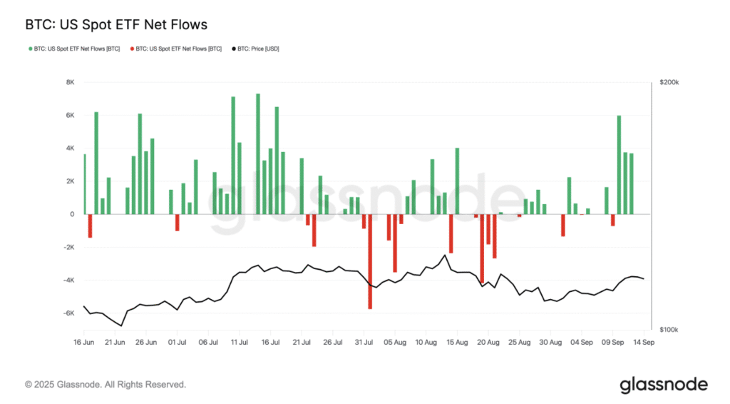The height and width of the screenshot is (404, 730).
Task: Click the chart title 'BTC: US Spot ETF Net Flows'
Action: tap(116, 25)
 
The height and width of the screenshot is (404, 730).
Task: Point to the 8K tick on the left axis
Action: tap(70, 82)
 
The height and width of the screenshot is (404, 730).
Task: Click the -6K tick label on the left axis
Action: tap(68, 313)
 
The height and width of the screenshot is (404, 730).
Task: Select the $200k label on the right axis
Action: tap(669, 83)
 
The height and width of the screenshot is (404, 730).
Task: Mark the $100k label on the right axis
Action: tap(669, 330)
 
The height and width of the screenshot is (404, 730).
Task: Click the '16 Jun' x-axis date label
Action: tap(85, 341)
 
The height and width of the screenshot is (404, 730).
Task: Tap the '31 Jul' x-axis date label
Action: tap(364, 341)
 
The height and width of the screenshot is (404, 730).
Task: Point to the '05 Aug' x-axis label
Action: tap(395, 341)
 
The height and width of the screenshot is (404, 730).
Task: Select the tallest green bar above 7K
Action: tap(258, 153)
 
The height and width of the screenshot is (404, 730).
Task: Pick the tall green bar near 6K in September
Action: tap(619, 164)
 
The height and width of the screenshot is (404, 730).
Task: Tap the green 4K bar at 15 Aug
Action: tap(457, 181)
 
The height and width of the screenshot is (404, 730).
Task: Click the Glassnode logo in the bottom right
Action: tap(663, 385)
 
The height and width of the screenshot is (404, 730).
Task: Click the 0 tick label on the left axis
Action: tap(72, 214)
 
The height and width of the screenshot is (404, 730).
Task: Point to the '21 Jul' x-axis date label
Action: tap(302, 341)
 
